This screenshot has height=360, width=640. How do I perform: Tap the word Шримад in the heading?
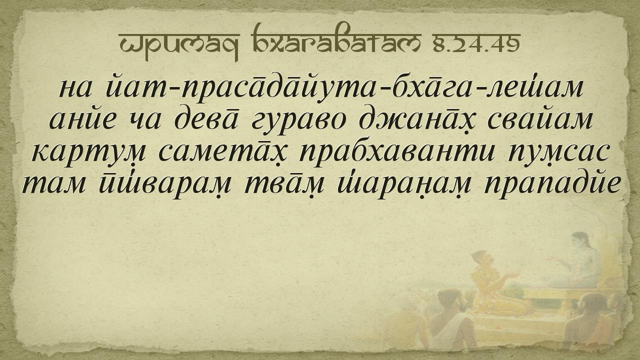click(x=179, y=45)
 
